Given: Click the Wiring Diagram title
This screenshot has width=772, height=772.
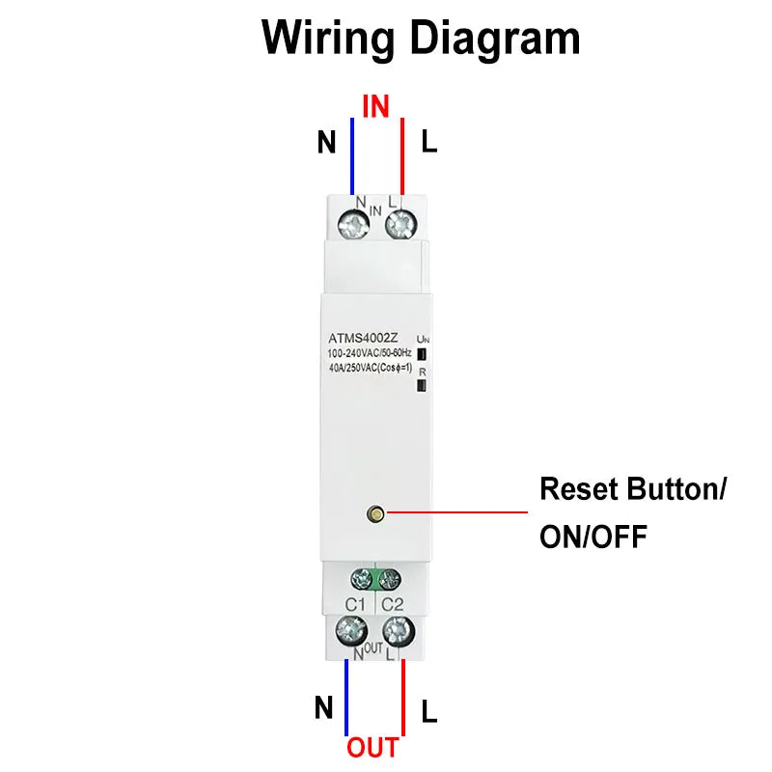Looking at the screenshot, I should click(x=421, y=40).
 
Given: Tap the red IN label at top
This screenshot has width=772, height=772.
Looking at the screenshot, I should click(x=375, y=106).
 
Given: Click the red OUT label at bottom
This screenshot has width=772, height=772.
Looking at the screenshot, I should click(x=372, y=748).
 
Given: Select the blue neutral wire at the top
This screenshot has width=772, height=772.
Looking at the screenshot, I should click(x=352, y=154).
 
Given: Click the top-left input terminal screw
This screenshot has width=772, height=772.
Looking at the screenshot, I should click(x=354, y=226).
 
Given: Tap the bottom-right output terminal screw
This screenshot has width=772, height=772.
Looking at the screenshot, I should click(x=396, y=632).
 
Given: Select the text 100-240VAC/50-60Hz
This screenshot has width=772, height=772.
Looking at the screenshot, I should click(x=370, y=353).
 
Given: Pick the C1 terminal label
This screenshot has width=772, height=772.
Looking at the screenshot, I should click(x=355, y=603).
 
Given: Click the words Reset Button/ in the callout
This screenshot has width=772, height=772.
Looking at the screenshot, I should click(x=632, y=489).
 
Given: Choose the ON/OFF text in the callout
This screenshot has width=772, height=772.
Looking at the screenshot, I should click(x=593, y=537).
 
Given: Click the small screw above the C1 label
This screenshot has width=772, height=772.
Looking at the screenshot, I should click(x=362, y=579).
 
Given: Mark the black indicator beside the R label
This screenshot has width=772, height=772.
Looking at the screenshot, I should click(x=421, y=386).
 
